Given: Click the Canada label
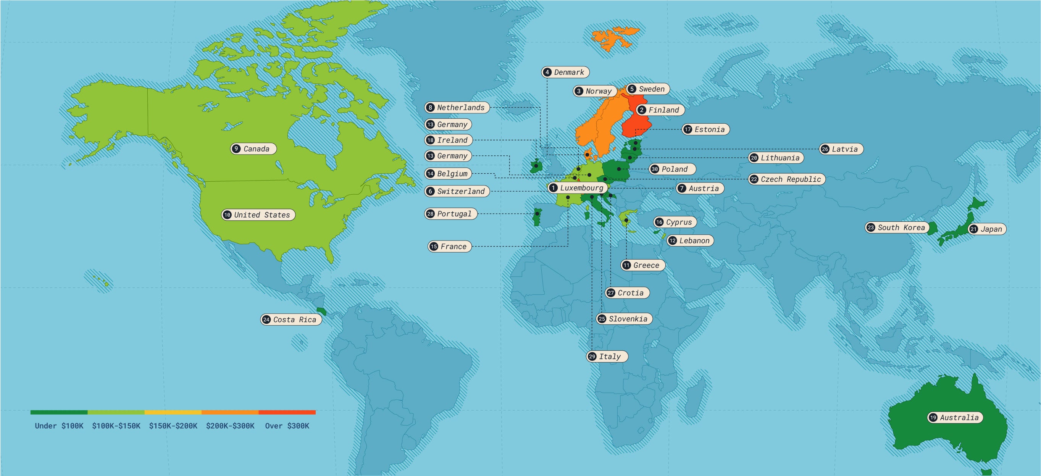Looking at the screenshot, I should point(253,149).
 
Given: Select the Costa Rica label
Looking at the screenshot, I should point(291,319).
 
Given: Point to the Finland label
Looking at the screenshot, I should point(660,110).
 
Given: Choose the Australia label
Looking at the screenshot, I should point(955,418).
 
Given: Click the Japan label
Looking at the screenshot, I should point(987,229).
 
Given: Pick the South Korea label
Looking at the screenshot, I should point(897,228).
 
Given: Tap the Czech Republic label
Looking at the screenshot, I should point(787,179).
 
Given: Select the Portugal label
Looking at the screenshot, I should point(450,214).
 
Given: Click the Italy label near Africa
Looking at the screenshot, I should point(607,357).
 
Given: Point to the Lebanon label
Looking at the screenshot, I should point(690,241).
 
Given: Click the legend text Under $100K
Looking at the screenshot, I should point(59,426).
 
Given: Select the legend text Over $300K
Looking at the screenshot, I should point(287,426).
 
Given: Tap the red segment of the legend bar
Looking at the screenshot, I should point(287,413).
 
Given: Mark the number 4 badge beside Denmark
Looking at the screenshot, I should point(547,72).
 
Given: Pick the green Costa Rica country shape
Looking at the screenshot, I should point(322,311).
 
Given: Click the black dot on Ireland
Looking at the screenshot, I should point(536,166).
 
